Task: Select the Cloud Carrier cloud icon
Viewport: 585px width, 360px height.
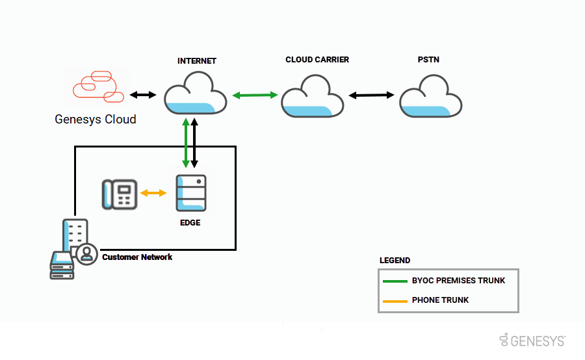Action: point(312,96)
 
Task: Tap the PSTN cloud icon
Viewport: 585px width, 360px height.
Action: point(430,96)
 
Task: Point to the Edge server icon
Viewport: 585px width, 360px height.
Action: point(191,193)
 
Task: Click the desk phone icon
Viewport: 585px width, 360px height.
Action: point(120,194)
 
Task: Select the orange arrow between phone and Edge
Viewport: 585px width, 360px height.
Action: point(154,193)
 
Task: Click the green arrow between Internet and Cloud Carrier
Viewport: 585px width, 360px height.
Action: point(255,96)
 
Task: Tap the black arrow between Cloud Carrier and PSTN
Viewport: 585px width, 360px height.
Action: point(371,96)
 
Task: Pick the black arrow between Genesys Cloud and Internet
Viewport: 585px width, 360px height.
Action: point(143,95)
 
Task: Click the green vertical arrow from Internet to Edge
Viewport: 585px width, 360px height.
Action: point(187,144)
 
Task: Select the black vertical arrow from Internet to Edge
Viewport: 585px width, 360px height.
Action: point(194,144)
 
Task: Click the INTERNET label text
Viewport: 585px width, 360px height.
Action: point(196,61)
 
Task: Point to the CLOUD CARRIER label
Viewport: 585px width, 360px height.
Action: point(317,60)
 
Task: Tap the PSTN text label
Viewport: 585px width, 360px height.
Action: point(428,60)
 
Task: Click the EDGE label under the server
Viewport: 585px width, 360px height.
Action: point(190,222)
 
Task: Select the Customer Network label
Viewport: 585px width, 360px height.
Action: point(137,257)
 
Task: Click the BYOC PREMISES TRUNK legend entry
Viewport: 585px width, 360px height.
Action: point(458,281)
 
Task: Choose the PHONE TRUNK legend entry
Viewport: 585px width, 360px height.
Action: point(440,300)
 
